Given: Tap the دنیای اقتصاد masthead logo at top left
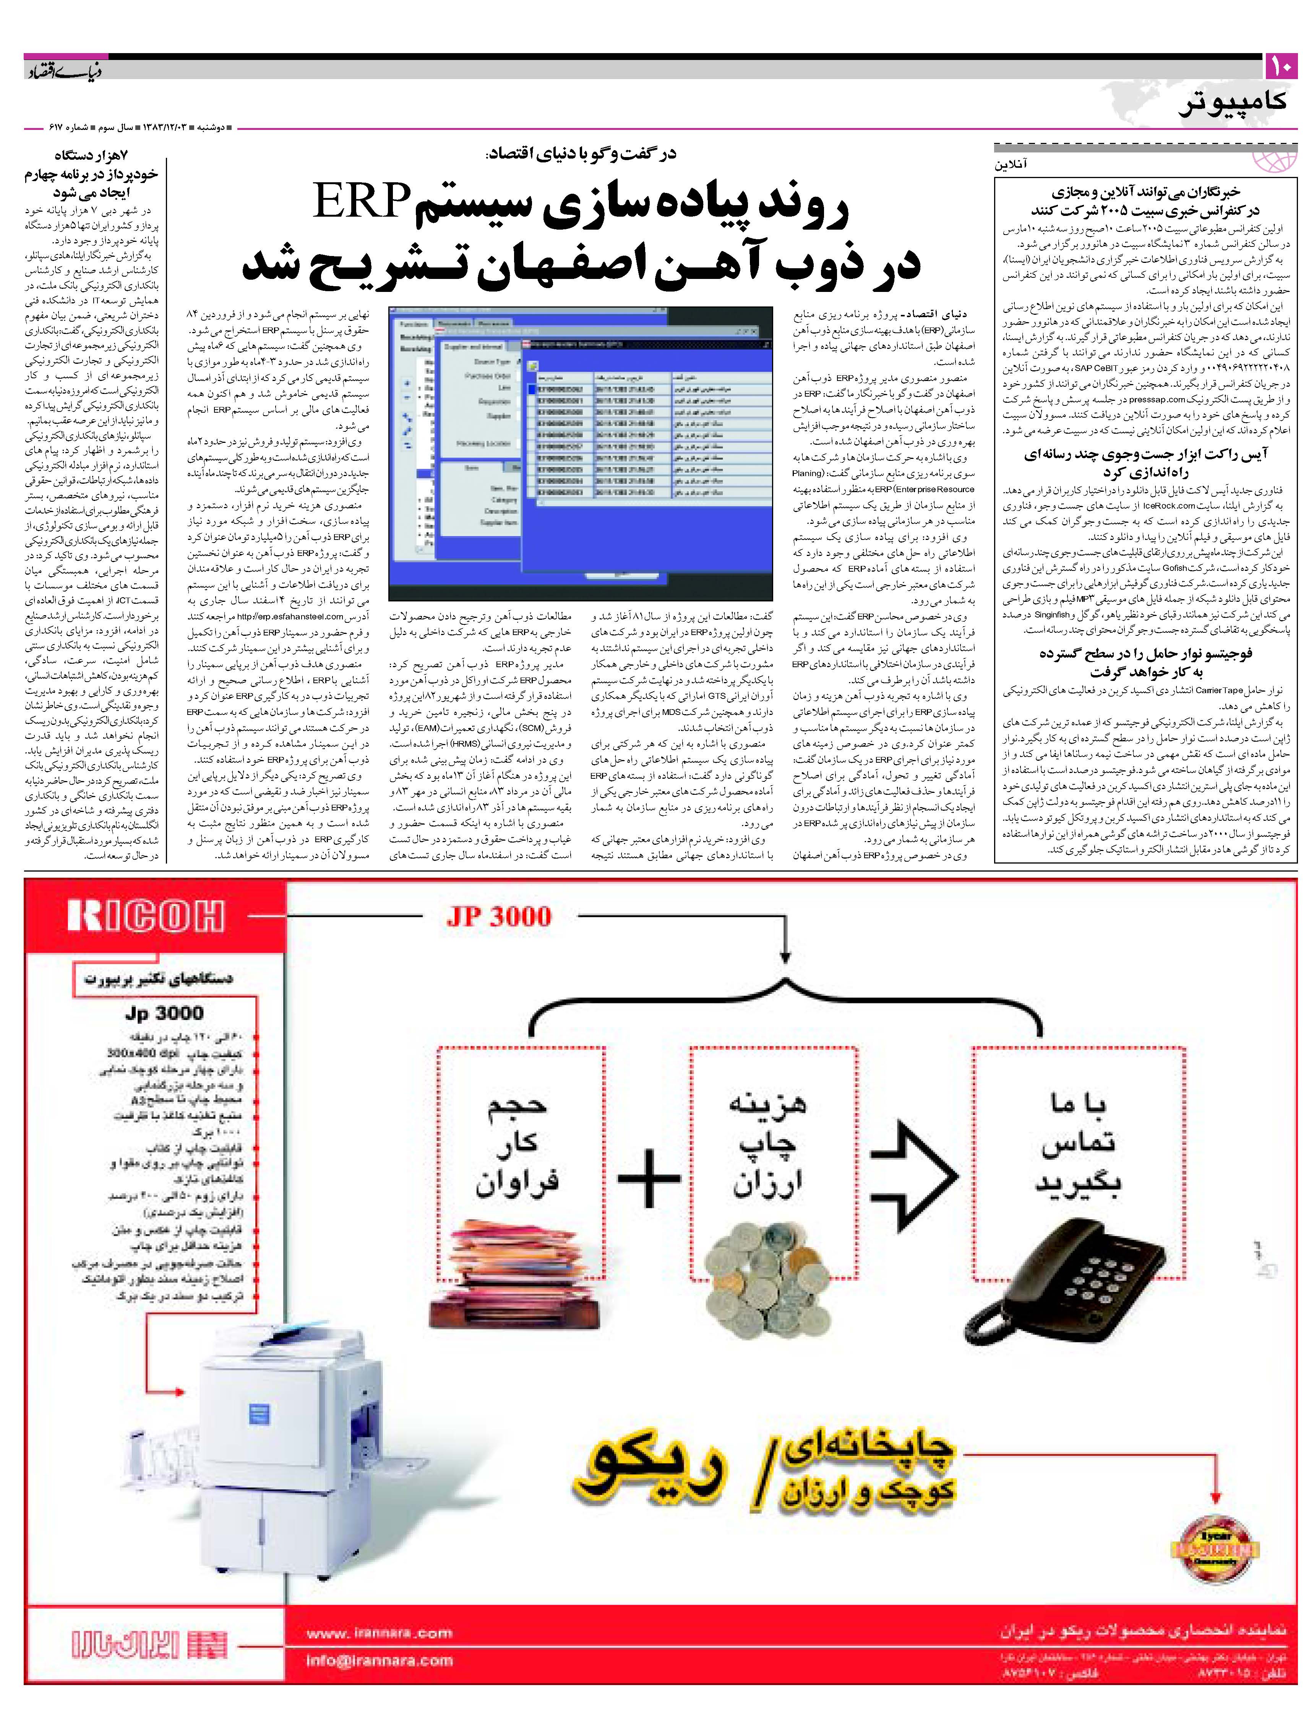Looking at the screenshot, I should (x=63, y=72).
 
